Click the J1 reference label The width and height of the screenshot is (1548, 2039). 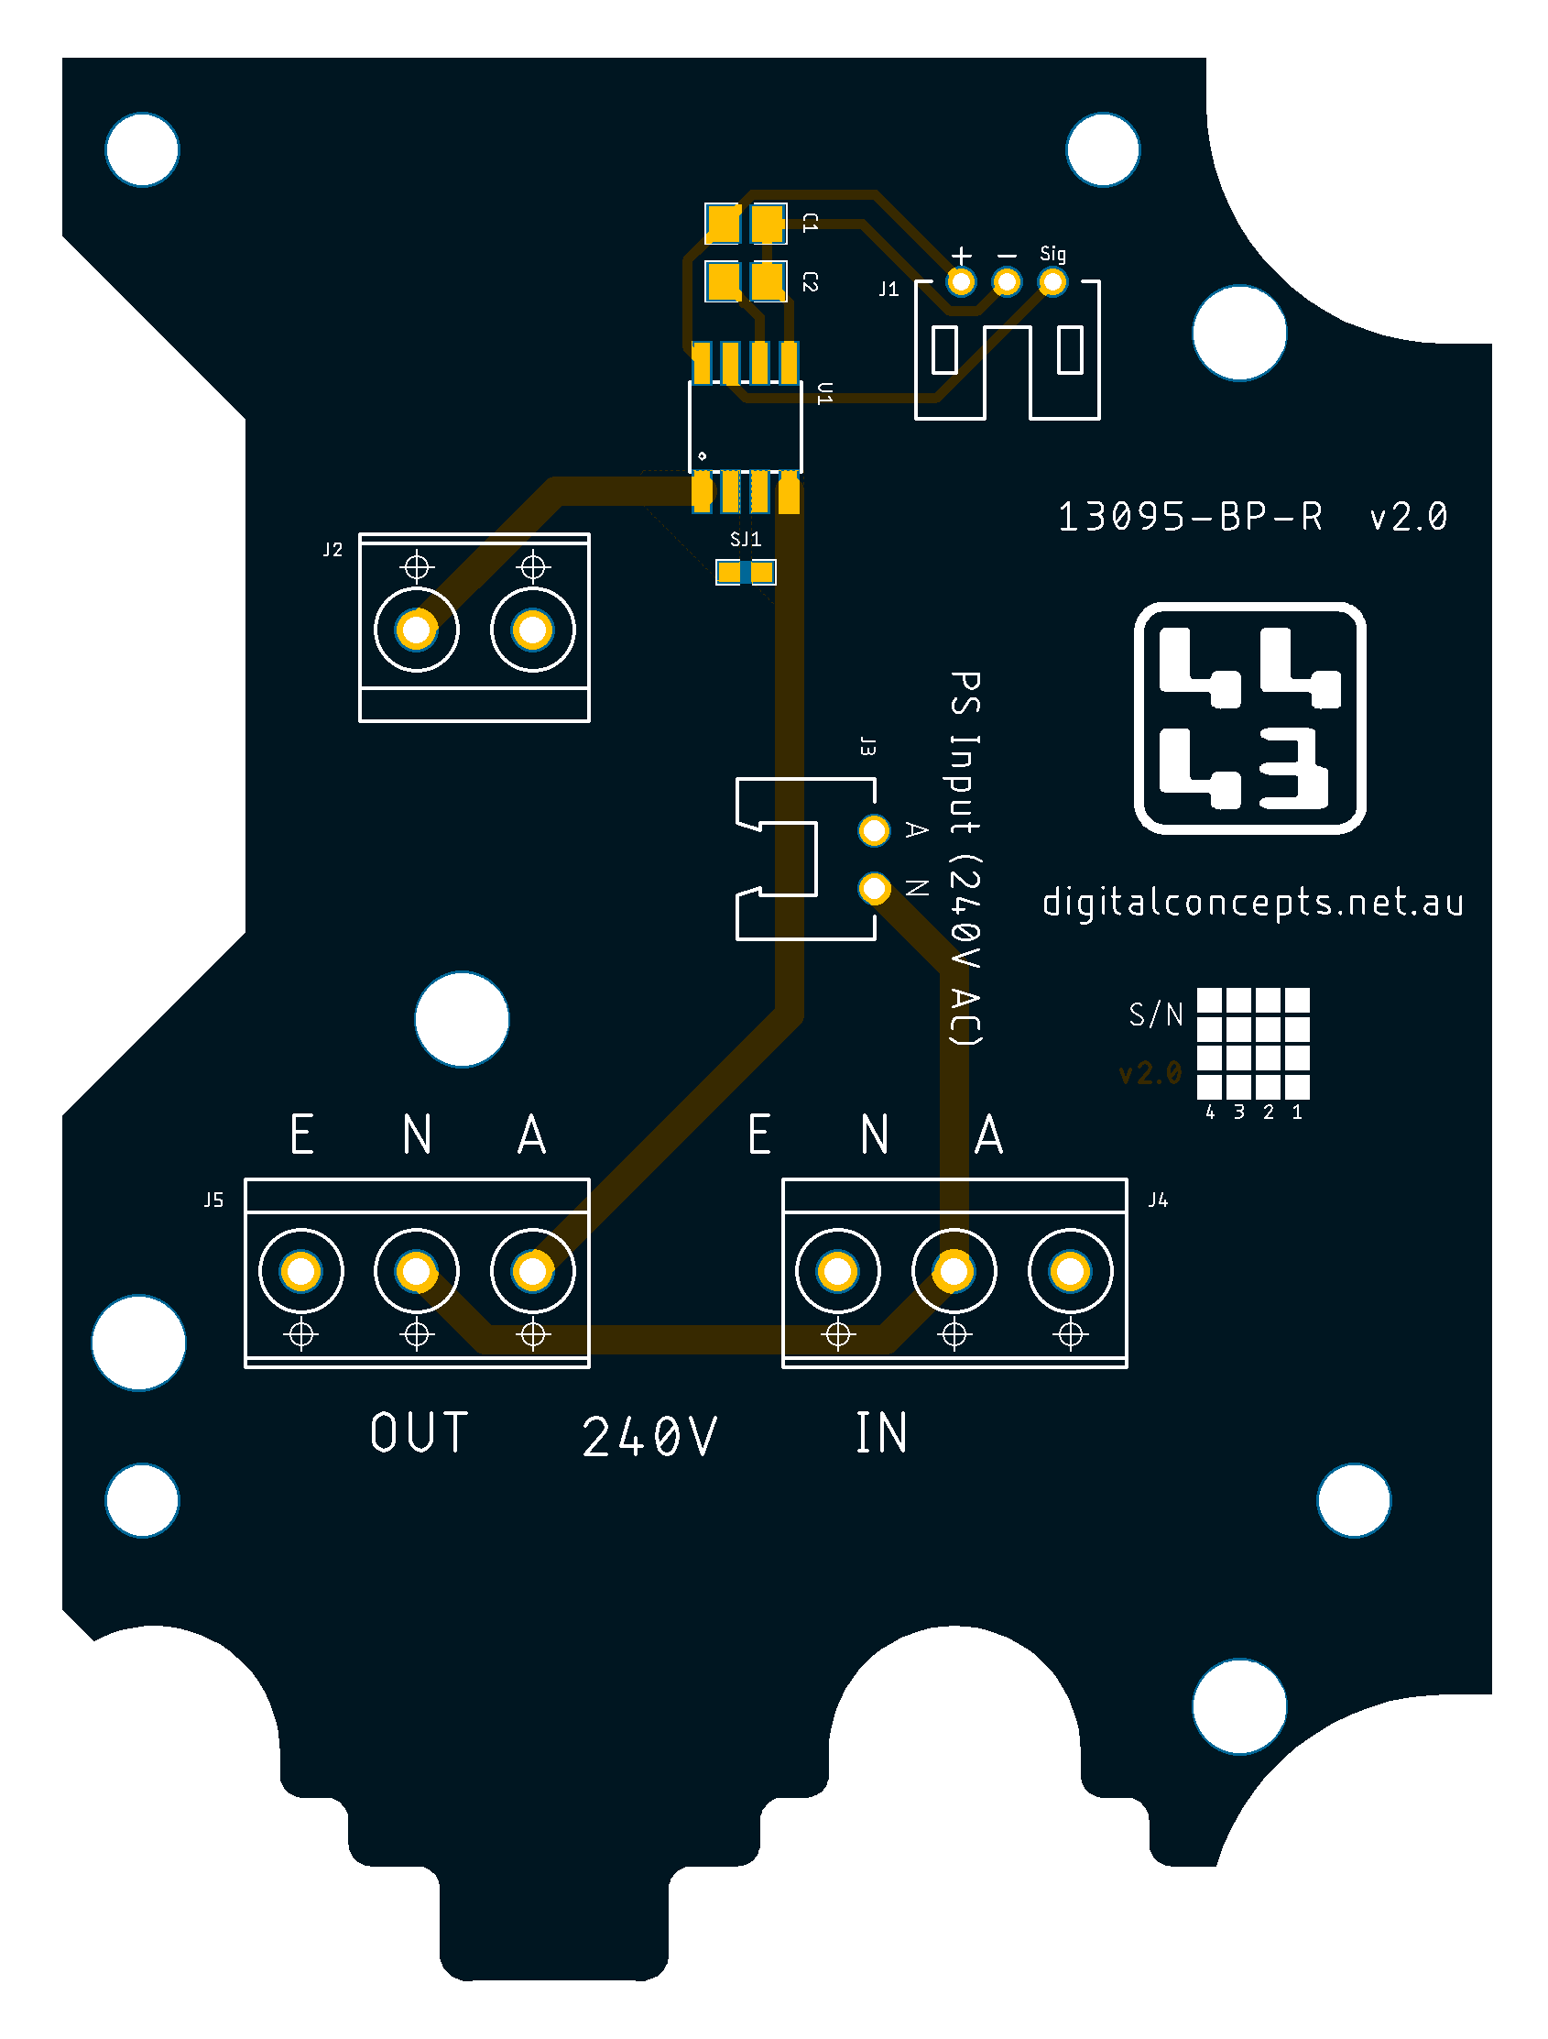tap(888, 290)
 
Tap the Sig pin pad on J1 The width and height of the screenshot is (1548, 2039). tap(1052, 282)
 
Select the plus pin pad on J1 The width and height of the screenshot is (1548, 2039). tap(961, 282)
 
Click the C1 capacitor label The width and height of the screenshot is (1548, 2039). tap(810, 222)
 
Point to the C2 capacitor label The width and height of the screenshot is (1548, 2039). tap(810, 282)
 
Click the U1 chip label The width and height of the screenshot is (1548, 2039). tap(824, 394)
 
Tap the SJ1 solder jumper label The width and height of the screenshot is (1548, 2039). tap(746, 539)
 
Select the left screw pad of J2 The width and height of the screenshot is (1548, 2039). tap(417, 630)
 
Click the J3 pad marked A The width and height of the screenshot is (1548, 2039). tap(874, 830)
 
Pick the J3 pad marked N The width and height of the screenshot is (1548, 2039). tap(874, 889)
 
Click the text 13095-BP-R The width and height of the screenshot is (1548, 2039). tap(1190, 517)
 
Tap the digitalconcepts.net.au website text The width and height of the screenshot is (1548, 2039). tap(1253, 903)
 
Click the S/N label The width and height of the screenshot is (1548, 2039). tap(1155, 1014)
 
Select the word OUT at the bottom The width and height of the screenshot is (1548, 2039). tap(420, 1432)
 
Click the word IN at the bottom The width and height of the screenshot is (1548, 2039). tap(882, 1432)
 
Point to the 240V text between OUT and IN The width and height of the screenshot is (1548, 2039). tap(649, 1436)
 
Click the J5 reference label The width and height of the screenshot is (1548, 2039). tap(213, 1200)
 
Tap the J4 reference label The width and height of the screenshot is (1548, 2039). tap(1158, 1200)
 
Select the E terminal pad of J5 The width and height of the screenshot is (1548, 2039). tap(301, 1272)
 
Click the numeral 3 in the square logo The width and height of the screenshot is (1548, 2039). tap(1293, 768)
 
